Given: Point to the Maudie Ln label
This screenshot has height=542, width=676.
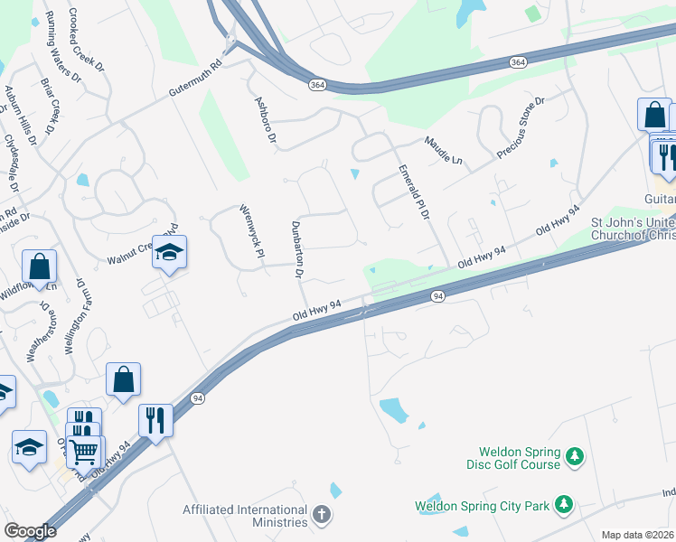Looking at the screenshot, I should click(x=444, y=150).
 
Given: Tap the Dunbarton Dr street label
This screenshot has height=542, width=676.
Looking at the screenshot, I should click(x=297, y=248).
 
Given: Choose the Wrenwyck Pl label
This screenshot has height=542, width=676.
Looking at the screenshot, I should click(x=250, y=229).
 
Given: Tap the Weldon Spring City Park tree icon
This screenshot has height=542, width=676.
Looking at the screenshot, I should click(x=564, y=502).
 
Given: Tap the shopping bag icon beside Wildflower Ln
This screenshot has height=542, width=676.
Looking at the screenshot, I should click(x=40, y=266).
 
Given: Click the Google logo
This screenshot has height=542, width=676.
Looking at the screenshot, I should click(x=30, y=531).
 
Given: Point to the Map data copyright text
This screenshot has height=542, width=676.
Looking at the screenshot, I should click(x=638, y=535).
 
